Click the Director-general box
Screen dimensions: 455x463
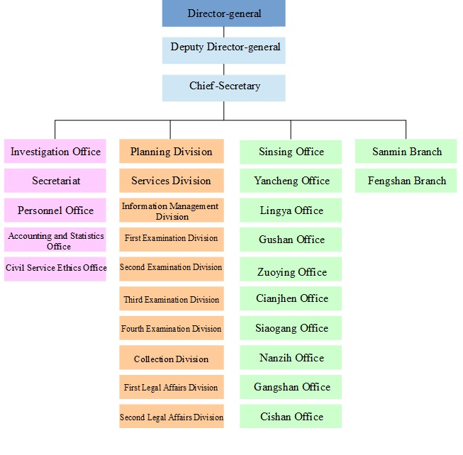tap(223, 14)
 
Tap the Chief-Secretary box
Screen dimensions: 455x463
tap(223, 87)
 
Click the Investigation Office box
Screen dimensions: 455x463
tap(55, 152)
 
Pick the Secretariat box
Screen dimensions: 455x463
tap(55, 181)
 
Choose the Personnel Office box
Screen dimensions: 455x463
tap(55, 210)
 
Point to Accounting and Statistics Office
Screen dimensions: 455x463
tap(55, 240)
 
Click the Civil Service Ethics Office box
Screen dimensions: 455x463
tap(55, 269)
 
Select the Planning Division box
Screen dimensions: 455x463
tap(171, 152)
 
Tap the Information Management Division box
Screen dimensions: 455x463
tap(171, 210)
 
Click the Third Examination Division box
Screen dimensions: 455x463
tap(171, 299)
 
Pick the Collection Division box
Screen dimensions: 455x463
tap(171, 359)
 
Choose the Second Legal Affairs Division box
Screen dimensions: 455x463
tap(171, 417)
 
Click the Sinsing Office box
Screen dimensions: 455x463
tap(291, 152)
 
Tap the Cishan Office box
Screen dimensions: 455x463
tap(291, 417)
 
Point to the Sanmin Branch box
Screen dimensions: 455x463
tap(406, 152)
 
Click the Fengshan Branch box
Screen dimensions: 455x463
tap(406, 181)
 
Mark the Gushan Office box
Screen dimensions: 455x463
tap(291, 240)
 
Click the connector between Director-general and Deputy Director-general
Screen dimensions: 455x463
tap(224, 32)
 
